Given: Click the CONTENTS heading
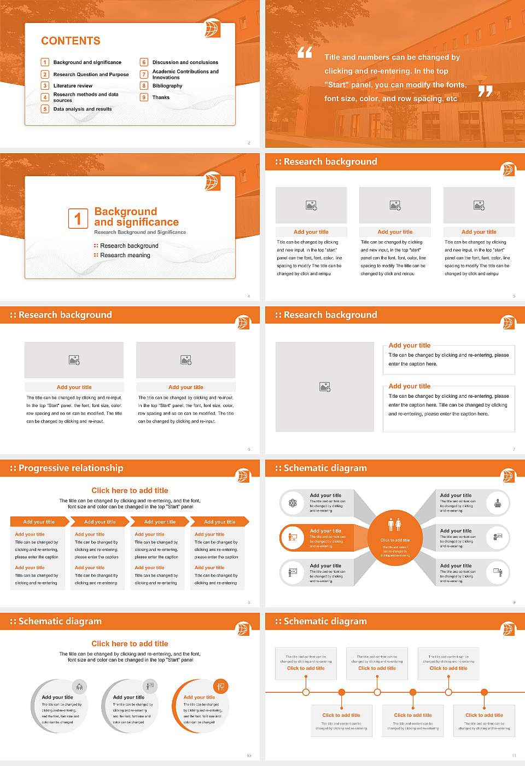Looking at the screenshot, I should (71, 41).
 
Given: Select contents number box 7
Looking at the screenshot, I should (144, 74).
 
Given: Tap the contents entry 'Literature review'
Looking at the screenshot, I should (73, 86).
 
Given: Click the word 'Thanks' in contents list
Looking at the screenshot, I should (161, 97).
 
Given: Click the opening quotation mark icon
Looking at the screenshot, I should (305, 53).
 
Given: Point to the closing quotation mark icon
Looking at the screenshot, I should (485, 91).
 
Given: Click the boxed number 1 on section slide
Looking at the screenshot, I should (78, 218).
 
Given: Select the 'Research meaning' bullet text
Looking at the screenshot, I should (125, 255).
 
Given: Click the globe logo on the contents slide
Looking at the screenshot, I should (212, 28).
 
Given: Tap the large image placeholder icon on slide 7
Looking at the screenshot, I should (325, 387).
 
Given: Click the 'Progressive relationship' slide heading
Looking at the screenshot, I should (71, 468).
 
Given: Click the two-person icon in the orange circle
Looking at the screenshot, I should (394, 525).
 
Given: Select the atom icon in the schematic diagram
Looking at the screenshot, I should (293, 503).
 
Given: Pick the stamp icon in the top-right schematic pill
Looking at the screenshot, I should (498, 502).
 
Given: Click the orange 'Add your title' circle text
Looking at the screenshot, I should (199, 697).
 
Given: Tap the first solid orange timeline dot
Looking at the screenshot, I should (342, 692).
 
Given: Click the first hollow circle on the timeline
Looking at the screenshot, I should (306, 692).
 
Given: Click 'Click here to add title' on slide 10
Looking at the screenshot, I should (130, 643).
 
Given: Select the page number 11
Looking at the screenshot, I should (514, 756).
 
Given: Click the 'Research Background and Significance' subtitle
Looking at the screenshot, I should (140, 232).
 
